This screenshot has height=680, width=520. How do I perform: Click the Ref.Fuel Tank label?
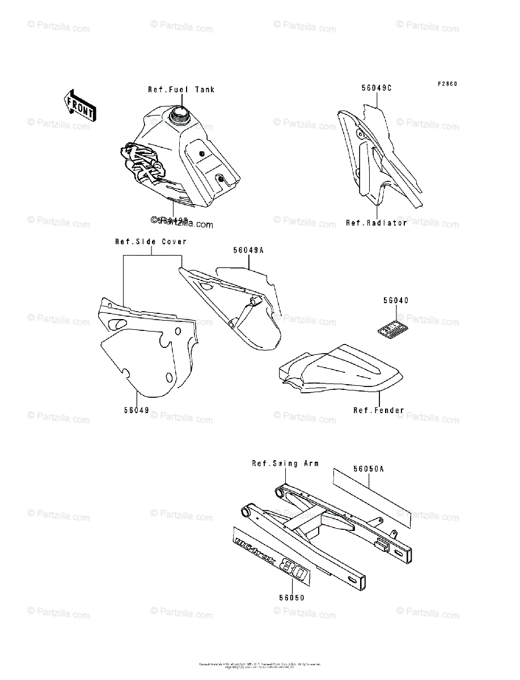click(x=181, y=90)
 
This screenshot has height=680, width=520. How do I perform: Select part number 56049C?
click(x=377, y=88)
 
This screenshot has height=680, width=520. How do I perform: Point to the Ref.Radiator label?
click(x=377, y=223)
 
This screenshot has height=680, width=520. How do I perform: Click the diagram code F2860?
click(x=447, y=84)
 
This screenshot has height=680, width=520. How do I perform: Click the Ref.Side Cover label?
click(x=151, y=242)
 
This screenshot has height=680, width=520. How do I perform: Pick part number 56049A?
click(x=248, y=249)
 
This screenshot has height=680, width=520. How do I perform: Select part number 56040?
click(x=396, y=301)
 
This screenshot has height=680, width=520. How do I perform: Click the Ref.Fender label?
click(x=379, y=410)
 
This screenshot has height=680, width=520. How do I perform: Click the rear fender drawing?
click(x=340, y=371)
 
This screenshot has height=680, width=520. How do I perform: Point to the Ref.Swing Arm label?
click(x=285, y=464)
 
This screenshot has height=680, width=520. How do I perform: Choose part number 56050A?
click(x=369, y=469)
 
